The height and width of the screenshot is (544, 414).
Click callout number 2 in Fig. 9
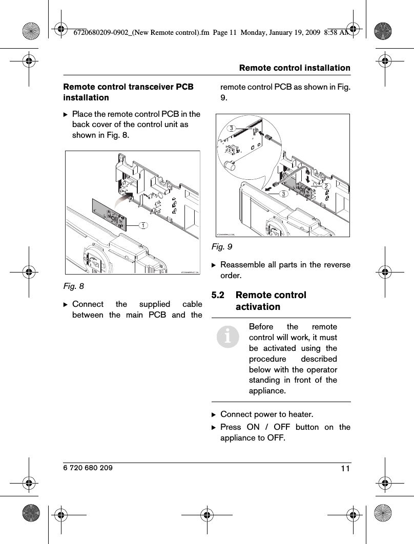tap(325, 186)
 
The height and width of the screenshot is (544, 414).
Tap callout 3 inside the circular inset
tap(232, 128)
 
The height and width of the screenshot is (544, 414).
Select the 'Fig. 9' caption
tap(222, 247)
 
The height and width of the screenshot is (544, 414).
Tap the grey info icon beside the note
tap(228, 337)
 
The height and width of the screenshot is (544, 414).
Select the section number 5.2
tap(220, 295)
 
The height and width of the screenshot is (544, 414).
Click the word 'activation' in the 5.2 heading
tap(258, 307)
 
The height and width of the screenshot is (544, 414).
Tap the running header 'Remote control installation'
tap(295, 68)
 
